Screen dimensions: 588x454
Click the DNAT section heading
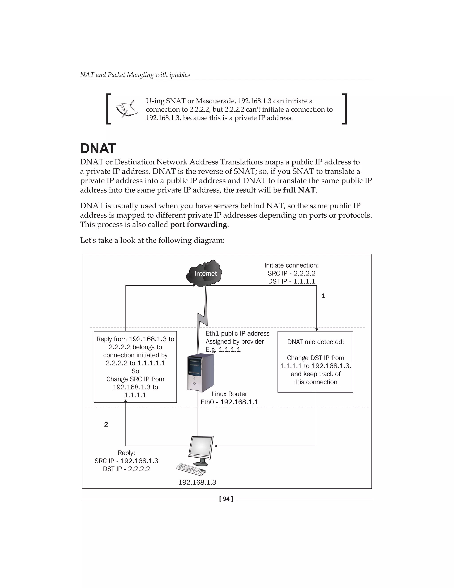tap(98, 148)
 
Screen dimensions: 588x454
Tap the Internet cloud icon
tap(205, 274)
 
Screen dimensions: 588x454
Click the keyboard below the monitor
tap(192, 469)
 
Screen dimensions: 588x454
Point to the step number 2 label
tap(106, 424)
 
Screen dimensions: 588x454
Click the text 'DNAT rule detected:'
tap(315, 342)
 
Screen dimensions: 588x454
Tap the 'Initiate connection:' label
tap(291, 265)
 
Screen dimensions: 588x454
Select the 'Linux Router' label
tap(229, 394)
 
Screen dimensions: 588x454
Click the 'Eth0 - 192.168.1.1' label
tap(229, 402)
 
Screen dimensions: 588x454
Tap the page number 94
tap(226, 499)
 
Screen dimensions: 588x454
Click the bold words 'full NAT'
tap(299, 190)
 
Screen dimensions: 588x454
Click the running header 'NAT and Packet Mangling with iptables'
tap(135, 75)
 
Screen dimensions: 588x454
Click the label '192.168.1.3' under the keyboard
tap(197, 482)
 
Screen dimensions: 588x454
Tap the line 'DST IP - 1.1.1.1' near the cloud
tap(291, 281)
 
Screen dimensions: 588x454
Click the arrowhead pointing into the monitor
tap(216, 446)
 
